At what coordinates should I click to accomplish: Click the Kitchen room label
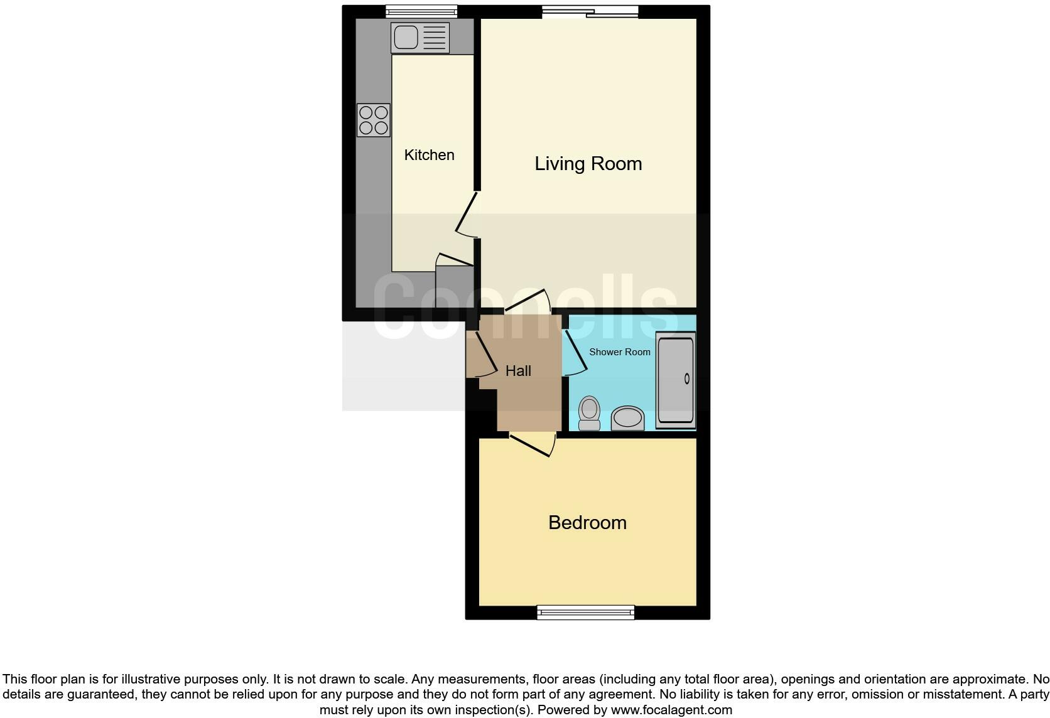429,155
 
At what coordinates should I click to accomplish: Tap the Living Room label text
588,164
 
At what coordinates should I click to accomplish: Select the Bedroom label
587,523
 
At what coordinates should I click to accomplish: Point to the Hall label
518,371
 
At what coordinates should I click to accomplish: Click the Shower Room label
619,352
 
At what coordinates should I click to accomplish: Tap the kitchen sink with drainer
419,38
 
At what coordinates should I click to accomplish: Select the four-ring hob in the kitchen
374,120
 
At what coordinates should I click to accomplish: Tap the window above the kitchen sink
421,10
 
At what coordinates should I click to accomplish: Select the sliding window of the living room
590,11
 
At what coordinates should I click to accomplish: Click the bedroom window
585,612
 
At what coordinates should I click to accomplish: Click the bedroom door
533,444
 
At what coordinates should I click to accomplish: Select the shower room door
573,354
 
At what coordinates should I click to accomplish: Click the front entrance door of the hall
484,355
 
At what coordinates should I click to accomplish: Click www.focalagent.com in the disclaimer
672,710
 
